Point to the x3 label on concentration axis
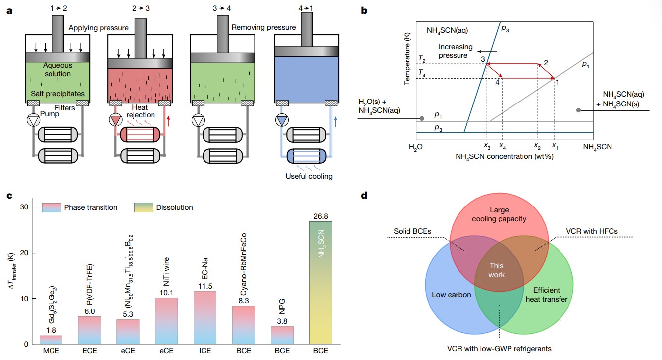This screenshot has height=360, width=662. pos(486,147)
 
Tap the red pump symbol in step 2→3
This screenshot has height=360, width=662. pos(117,120)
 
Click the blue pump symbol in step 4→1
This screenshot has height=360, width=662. pos(282,120)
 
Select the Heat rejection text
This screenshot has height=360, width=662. pos(144,111)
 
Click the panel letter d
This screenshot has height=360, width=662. pos(364,195)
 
